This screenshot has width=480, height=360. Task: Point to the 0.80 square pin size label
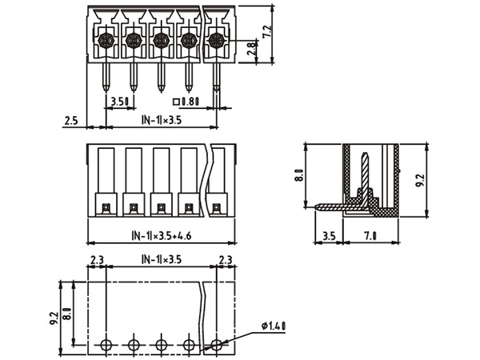coord(187,102)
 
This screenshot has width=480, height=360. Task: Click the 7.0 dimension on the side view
coord(371,238)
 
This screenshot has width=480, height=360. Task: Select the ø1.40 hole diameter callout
coord(274,326)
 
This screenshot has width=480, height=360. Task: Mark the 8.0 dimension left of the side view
coord(298,174)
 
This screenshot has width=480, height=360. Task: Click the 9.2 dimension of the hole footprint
coord(54,318)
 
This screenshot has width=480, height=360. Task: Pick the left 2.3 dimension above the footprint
coord(97,259)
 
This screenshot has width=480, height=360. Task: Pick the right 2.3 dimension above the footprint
coord(226,259)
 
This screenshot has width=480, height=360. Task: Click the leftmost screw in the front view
coord(105,40)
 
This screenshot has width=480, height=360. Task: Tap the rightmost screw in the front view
coord(215,40)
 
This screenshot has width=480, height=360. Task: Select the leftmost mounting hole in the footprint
coord(106,346)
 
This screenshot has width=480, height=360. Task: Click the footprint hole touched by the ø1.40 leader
coord(216,346)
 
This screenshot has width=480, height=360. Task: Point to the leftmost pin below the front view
coord(106,76)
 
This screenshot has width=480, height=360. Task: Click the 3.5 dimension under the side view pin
coord(328,238)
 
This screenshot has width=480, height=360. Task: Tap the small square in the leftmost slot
coord(105,208)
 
